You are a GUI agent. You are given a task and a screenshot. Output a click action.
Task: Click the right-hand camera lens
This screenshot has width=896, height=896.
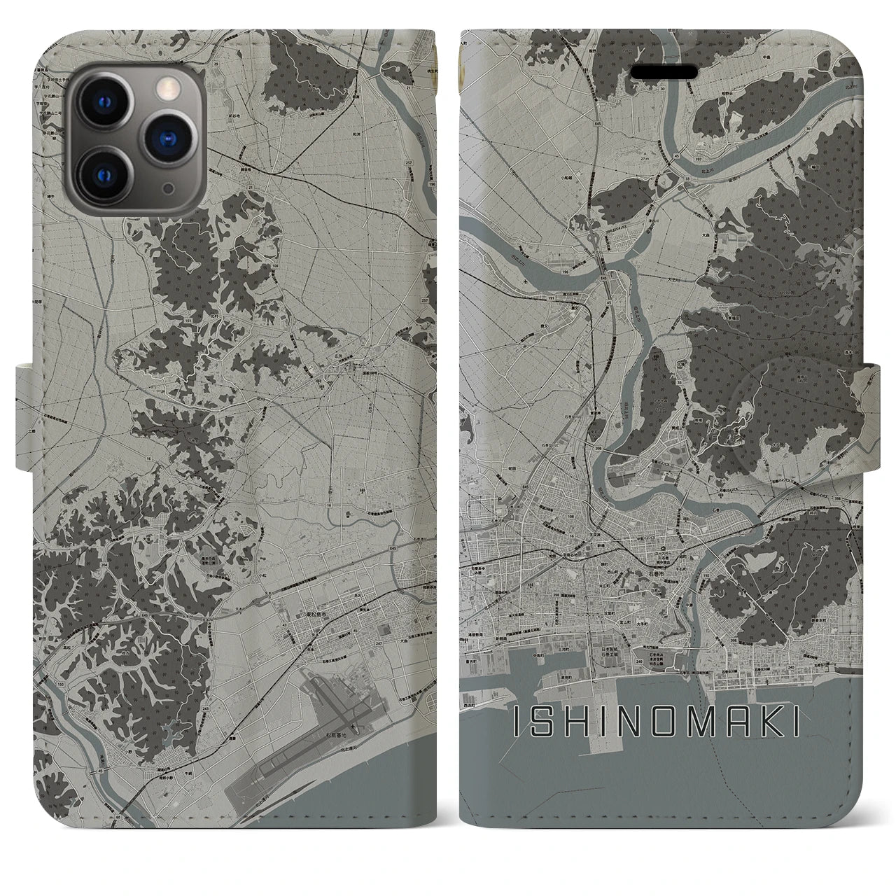[167, 136]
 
